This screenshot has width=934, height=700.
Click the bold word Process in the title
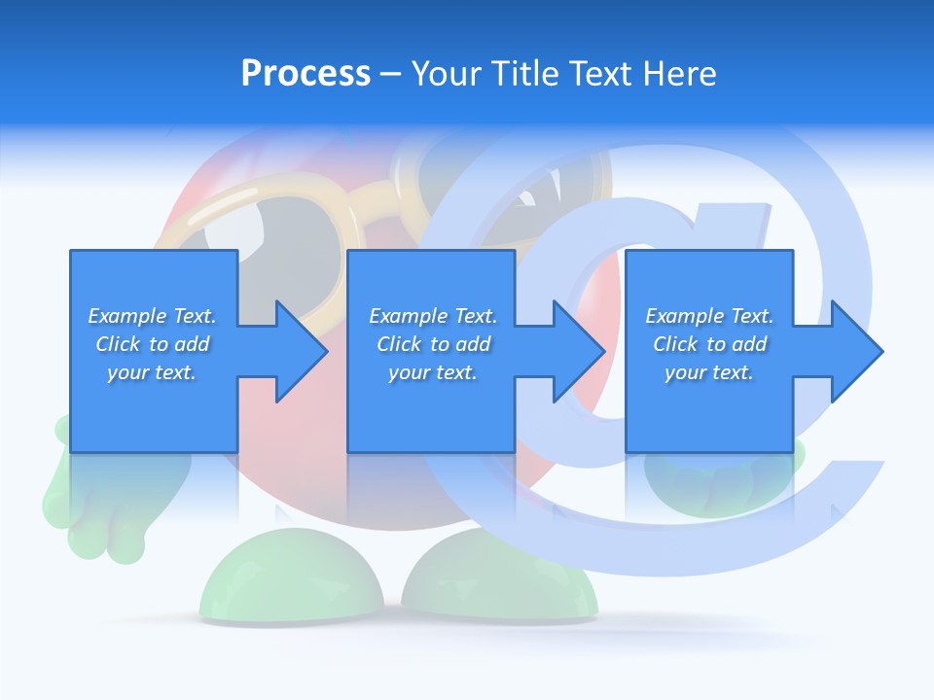(x=305, y=74)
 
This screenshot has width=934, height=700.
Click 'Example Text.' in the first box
(x=152, y=316)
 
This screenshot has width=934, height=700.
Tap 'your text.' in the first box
(x=152, y=372)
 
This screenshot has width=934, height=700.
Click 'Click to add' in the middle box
(x=433, y=344)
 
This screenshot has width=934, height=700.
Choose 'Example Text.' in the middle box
(x=433, y=316)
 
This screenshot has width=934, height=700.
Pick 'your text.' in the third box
(x=709, y=372)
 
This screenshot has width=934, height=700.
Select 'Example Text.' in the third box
(x=709, y=316)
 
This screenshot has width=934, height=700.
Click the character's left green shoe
(x=291, y=583)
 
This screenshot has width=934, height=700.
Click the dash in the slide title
(x=390, y=74)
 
